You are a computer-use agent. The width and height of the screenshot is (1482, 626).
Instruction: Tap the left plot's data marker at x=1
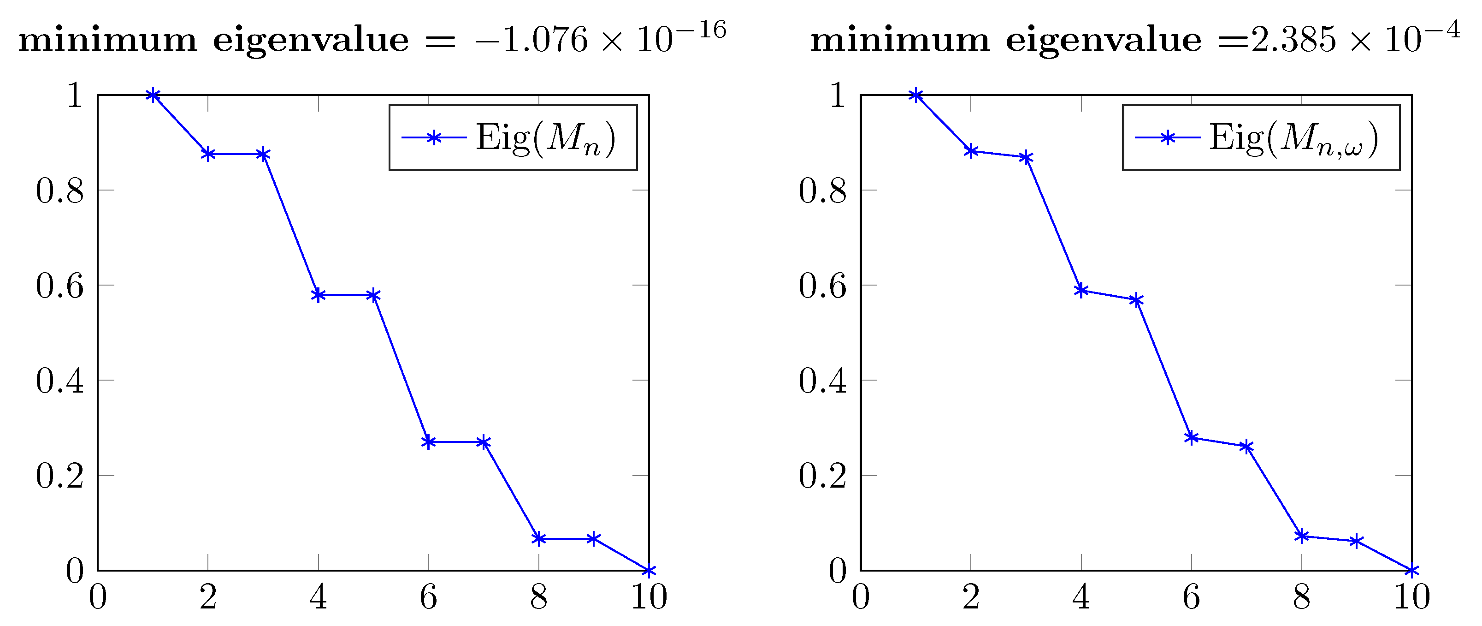click(153, 95)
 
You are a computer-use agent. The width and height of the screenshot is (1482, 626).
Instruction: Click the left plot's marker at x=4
click(318, 295)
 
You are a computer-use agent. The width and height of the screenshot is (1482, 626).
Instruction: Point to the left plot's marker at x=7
click(483, 442)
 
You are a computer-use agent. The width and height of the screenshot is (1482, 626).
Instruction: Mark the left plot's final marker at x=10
click(649, 571)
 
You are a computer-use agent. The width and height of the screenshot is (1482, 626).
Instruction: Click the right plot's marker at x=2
click(971, 151)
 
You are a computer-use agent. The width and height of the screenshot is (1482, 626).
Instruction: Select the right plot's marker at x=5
click(1136, 300)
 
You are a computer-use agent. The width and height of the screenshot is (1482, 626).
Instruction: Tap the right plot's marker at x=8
click(1302, 536)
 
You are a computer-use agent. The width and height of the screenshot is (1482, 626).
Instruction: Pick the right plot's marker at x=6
click(1192, 438)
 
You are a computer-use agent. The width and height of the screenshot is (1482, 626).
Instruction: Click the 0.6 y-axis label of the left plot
click(60, 286)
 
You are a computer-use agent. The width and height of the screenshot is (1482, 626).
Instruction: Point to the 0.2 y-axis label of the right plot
click(823, 476)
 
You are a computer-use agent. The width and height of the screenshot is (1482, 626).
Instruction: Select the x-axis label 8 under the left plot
click(538, 597)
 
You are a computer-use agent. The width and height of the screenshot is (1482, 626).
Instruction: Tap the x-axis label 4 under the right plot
click(1081, 597)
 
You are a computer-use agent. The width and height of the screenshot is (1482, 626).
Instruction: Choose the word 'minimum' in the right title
click(900, 40)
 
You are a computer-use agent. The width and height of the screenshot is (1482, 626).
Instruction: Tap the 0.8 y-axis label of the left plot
click(60, 191)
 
